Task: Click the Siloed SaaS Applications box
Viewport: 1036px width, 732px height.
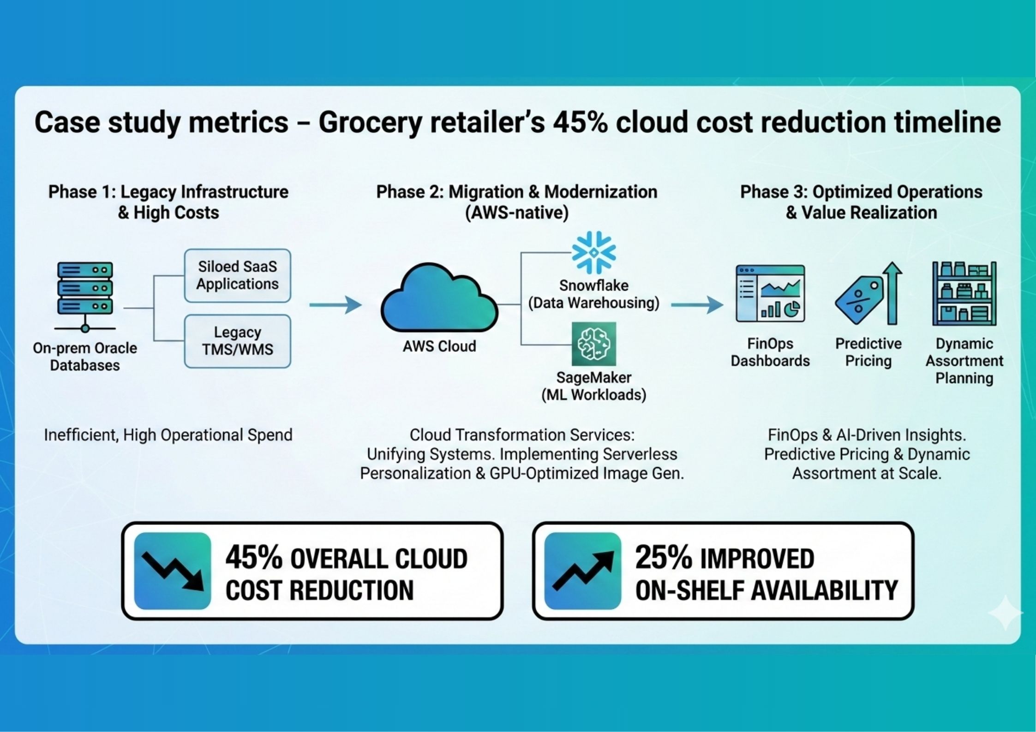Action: tap(237, 275)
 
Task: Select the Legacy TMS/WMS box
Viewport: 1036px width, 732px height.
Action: tap(237, 341)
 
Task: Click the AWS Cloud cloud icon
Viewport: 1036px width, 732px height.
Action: tap(439, 298)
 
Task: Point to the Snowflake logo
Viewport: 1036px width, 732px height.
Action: tap(593, 253)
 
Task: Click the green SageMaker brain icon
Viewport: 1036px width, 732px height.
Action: tap(593, 344)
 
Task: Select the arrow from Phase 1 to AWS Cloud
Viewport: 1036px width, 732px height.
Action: tap(335, 305)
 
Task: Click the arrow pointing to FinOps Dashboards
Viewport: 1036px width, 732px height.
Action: tap(696, 305)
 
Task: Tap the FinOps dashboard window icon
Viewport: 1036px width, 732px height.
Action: tap(770, 293)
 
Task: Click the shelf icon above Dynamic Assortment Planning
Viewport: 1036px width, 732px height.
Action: tap(964, 293)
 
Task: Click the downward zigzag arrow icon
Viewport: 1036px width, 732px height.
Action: tap(173, 571)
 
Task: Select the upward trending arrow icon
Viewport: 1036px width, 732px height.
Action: tap(582, 571)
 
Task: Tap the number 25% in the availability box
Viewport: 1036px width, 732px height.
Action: tap(663, 558)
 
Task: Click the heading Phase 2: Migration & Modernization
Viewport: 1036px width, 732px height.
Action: tap(516, 192)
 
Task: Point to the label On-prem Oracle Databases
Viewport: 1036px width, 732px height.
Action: tap(85, 357)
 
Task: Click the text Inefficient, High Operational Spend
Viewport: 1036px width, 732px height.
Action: tap(168, 435)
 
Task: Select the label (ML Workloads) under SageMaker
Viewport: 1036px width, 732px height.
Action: tap(593, 395)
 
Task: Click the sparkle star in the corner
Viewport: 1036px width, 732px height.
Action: tap(1006, 613)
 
